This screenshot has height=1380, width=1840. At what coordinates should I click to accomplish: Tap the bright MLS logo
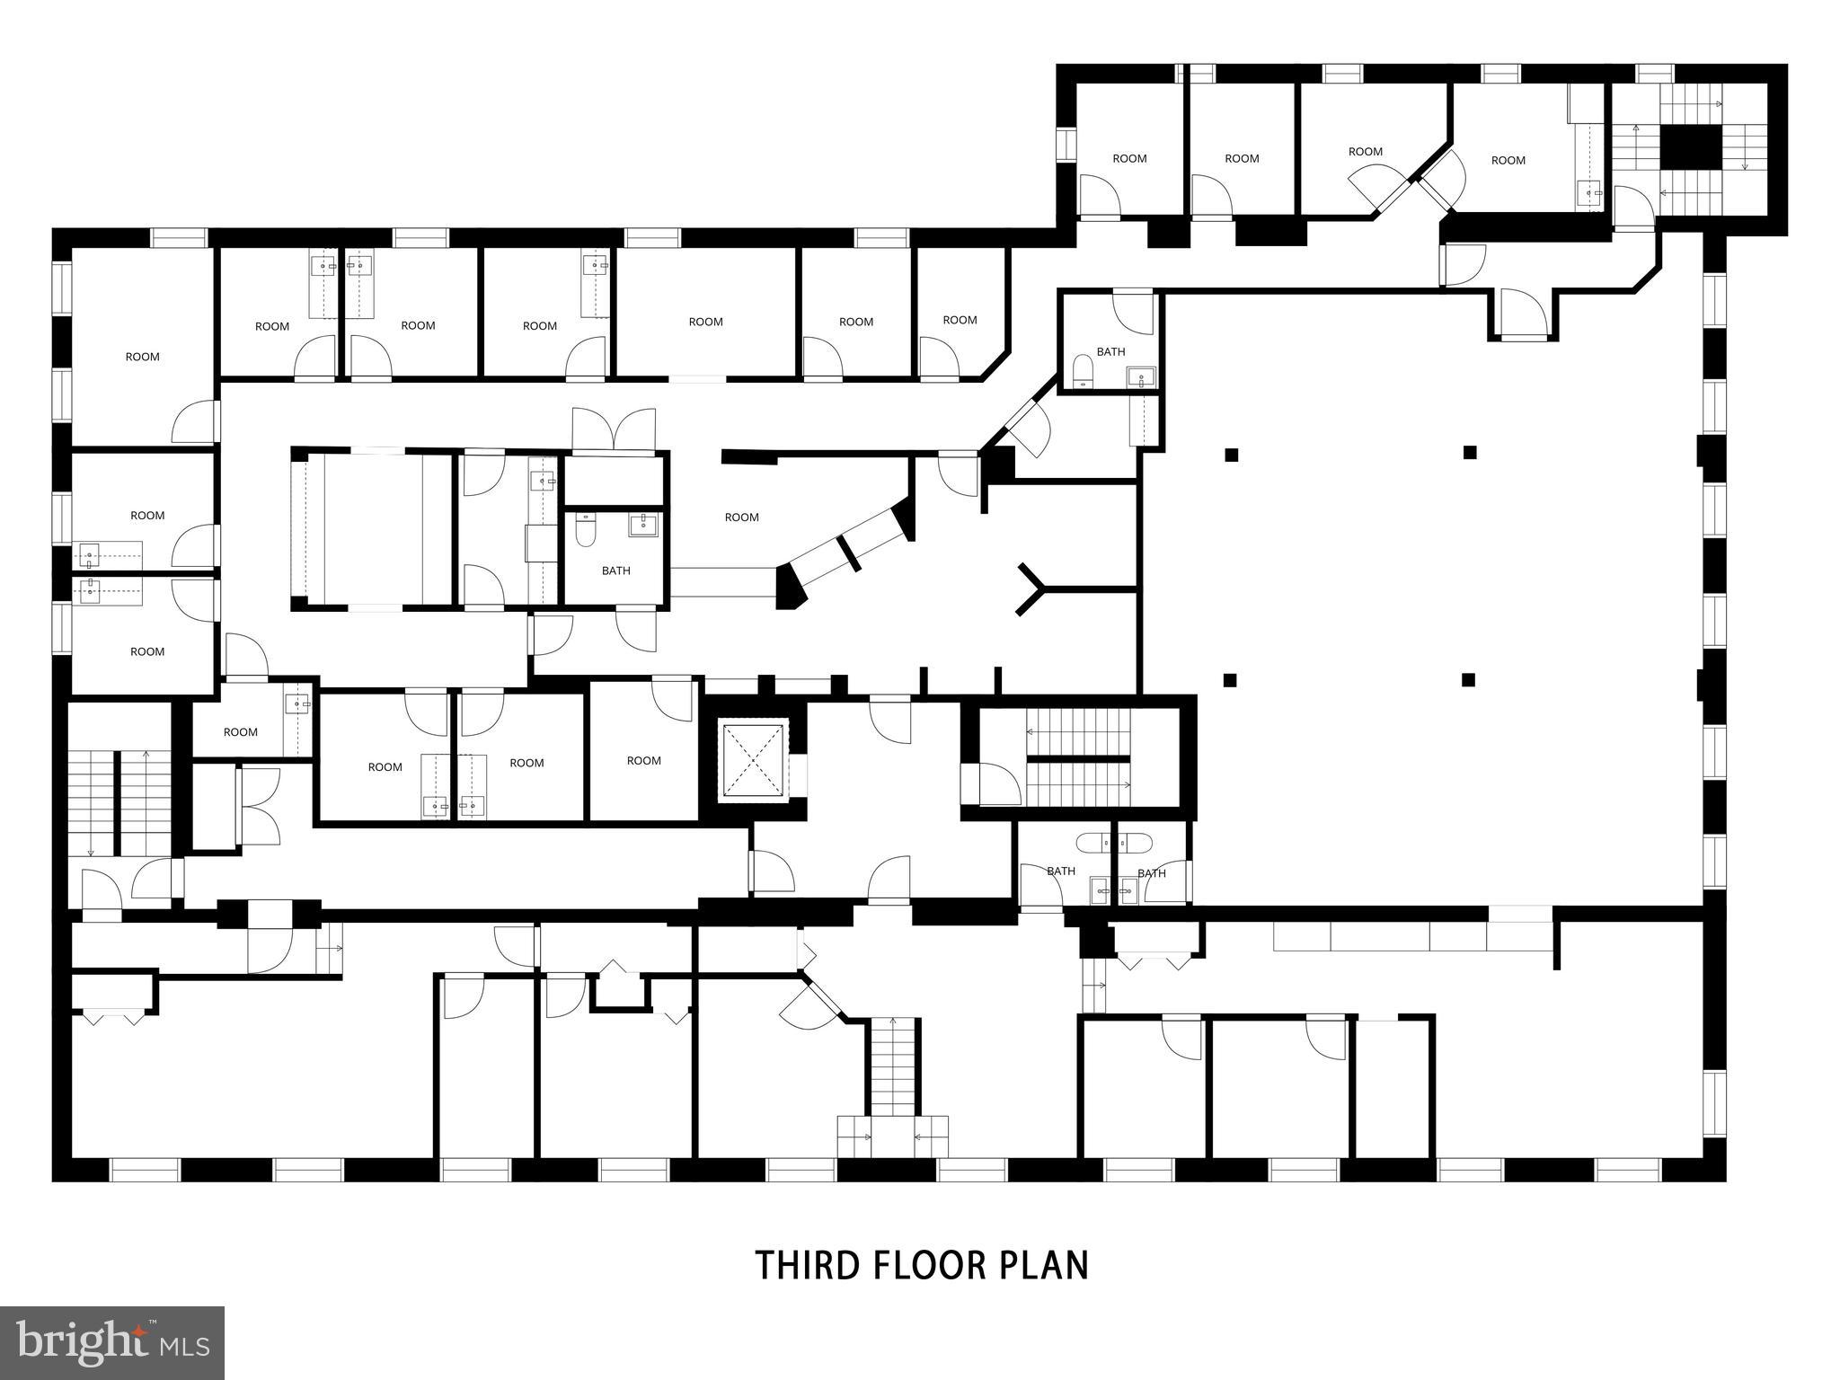[x=112, y=1342]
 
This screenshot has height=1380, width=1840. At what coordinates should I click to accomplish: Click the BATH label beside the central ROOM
[x=616, y=571]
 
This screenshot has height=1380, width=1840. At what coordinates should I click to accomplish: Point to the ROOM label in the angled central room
[x=742, y=517]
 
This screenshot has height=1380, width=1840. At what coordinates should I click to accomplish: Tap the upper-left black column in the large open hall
[x=1231, y=455]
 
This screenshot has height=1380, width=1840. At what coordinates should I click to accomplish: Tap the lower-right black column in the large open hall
[x=1468, y=680]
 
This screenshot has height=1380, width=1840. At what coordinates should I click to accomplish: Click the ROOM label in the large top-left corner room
[x=142, y=357]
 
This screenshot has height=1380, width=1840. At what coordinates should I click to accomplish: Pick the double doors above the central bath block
[x=615, y=429]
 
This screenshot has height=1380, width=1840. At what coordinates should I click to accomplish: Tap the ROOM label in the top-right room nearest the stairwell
[x=1508, y=160]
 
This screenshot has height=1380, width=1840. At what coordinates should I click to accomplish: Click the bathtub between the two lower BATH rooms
[x=1114, y=843]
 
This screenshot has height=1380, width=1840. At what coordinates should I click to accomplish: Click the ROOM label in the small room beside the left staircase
[x=241, y=732]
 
